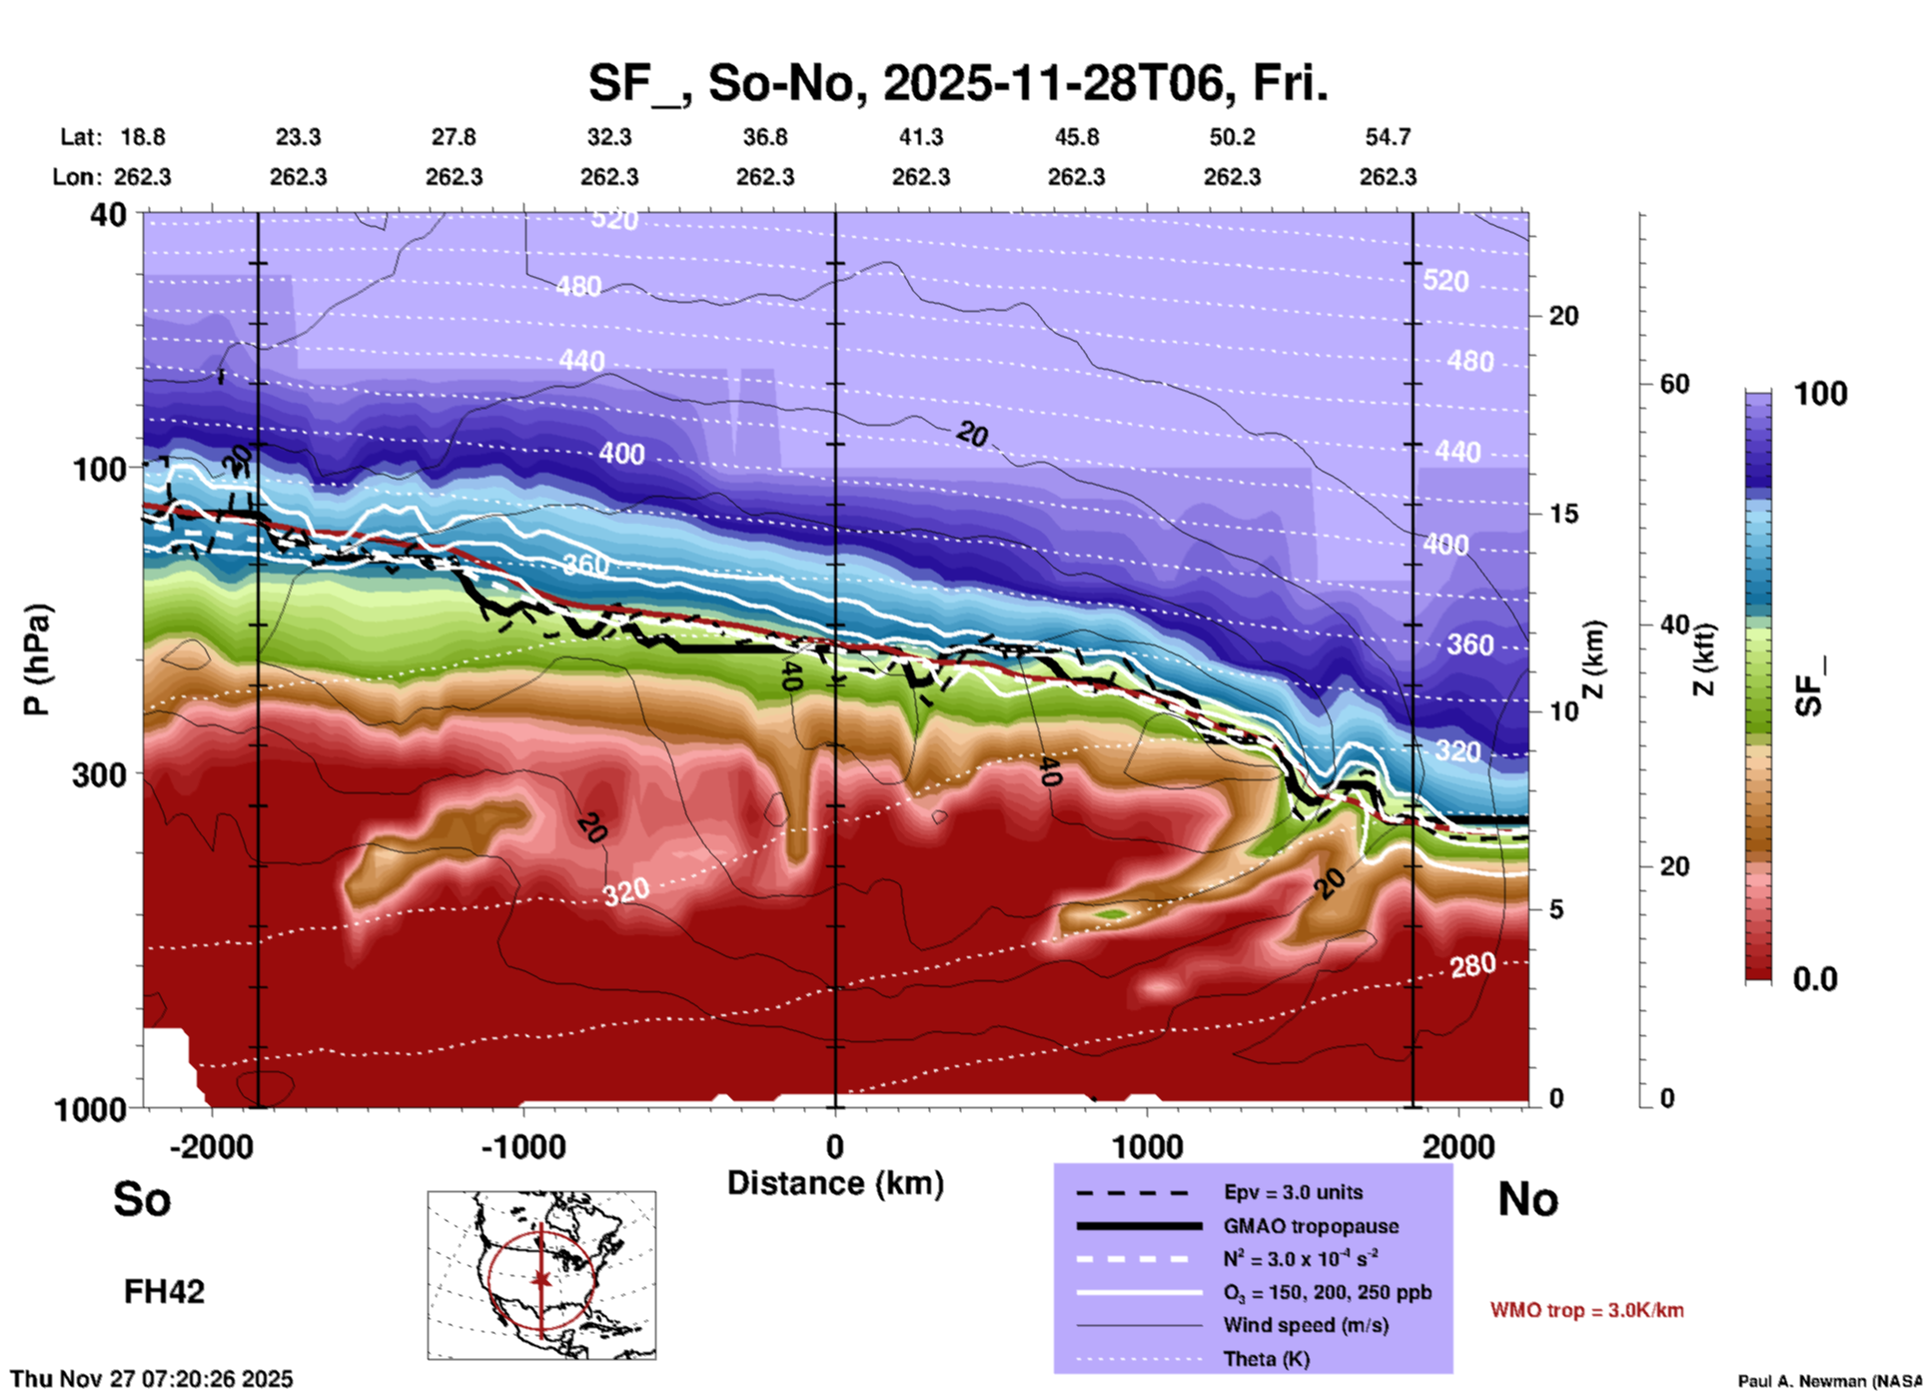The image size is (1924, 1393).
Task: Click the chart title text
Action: coord(957,83)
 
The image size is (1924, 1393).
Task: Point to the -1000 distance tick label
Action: coord(522,1147)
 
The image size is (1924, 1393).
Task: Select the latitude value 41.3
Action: coord(920,137)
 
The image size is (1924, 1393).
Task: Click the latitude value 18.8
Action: coord(143,137)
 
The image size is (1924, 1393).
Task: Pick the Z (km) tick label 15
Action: coord(1563,514)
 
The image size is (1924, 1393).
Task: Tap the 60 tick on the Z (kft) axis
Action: coord(1674,384)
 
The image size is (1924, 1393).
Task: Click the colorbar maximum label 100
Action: coord(1820,394)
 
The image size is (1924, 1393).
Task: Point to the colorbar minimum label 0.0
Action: coord(1814,979)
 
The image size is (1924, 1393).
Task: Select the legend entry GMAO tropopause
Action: coord(1310,1226)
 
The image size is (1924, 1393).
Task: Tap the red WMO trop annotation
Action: coord(1586,1310)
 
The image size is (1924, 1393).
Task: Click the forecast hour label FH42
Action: coord(164,1292)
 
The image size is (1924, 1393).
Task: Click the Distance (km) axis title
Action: coord(835,1183)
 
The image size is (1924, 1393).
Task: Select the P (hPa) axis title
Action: coord(37,660)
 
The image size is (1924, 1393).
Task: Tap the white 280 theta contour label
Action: coord(1472,965)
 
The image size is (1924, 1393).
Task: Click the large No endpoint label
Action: coord(1527,1199)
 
